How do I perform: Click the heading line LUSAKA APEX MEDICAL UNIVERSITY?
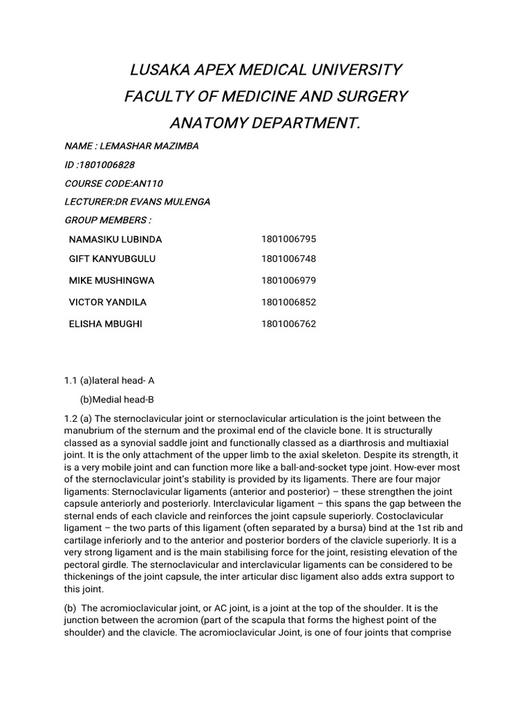[x=265, y=70]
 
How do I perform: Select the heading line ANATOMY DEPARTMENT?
[x=265, y=122]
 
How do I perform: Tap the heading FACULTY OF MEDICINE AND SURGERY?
[x=265, y=96]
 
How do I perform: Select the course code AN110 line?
[x=114, y=184]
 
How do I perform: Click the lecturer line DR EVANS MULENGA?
[x=137, y=202]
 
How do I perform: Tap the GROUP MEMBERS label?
[x=108, y=220]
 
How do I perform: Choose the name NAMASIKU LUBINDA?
[x=115, y=239]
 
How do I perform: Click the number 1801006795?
[x=288, y=239]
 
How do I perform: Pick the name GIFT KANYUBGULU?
[x=112, y=259]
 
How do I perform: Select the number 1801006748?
[x=288, y=259]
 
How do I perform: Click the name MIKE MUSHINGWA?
[x=111, y=281]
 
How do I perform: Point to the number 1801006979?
[x=288, y=281]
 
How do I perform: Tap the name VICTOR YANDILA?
[x=107, y=302]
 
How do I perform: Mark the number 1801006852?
[x=288, y=302]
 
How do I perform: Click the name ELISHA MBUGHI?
[x=105, y=324]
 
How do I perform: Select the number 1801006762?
[x=288, y=324]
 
